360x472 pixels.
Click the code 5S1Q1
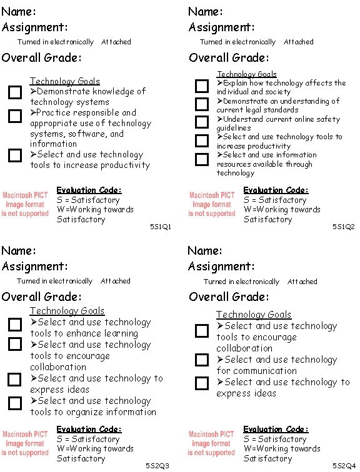coord(160,227)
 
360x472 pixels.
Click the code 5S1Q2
coord(344,227)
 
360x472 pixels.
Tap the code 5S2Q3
coord(157,466)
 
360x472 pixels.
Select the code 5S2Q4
coord(344,466)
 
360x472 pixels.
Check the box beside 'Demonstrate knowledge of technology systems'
coord(14,93)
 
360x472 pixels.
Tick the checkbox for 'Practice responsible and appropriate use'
coord(14,116)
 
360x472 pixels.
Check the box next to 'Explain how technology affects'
coord(201,86)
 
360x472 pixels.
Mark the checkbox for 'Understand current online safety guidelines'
coord(201,122)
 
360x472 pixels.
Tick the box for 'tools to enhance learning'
coord(14,325)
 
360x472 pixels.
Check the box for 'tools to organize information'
coord(14,403)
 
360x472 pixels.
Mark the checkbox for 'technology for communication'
coord(201,360)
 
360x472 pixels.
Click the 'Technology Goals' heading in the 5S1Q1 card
coord(64,81)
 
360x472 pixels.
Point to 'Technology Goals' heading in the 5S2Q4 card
coord(253,315)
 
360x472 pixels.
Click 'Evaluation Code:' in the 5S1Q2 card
coord(275,190)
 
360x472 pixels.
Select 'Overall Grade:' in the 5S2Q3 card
coord(41,297)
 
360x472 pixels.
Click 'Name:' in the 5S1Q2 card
coord(206,11)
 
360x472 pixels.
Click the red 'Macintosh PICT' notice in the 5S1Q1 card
coord(25,204)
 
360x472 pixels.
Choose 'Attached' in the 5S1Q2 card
coord(298,42)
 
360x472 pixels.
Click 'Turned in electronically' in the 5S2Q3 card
coord(54,282)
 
